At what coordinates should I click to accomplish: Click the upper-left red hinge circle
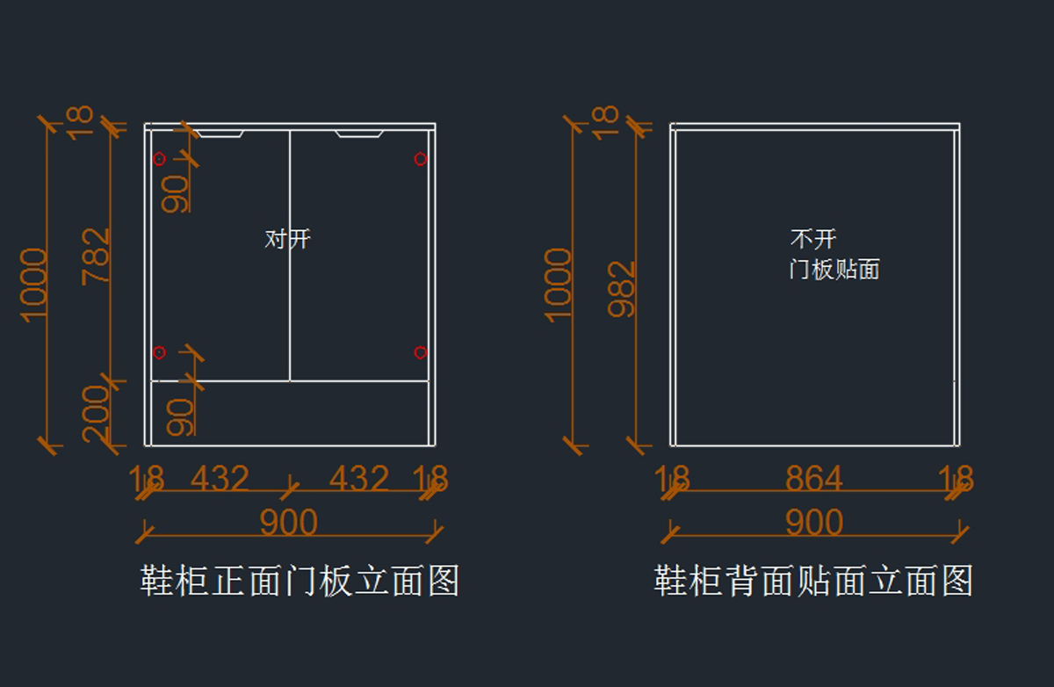pos(159,159)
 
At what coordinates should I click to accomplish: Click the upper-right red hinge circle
pos(421,159)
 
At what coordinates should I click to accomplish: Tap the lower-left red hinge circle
pos(159,353)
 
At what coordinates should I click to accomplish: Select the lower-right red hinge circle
pos(421,353)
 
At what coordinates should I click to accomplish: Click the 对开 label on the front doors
pos(287,239)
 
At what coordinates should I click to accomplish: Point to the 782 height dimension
pos(97,256)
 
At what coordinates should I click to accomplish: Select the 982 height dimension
pos(622,288)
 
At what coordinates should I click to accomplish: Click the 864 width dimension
pos(814,480)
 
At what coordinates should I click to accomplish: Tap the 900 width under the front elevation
pos(288,524)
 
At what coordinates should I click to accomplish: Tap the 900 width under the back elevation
pos(814,524)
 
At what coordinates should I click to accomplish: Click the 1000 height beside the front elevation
pos(33,285)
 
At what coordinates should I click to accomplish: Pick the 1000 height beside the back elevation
pos(559,285)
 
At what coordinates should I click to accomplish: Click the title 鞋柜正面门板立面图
pos(300,582)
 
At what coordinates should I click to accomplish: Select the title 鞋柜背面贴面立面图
pos(813,582)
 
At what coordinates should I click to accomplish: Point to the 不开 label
pos(813,239)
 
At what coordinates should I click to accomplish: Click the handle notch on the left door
pos(219,134)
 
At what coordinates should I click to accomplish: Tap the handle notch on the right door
pos(358,134)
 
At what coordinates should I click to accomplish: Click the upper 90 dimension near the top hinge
pos(175,193)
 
